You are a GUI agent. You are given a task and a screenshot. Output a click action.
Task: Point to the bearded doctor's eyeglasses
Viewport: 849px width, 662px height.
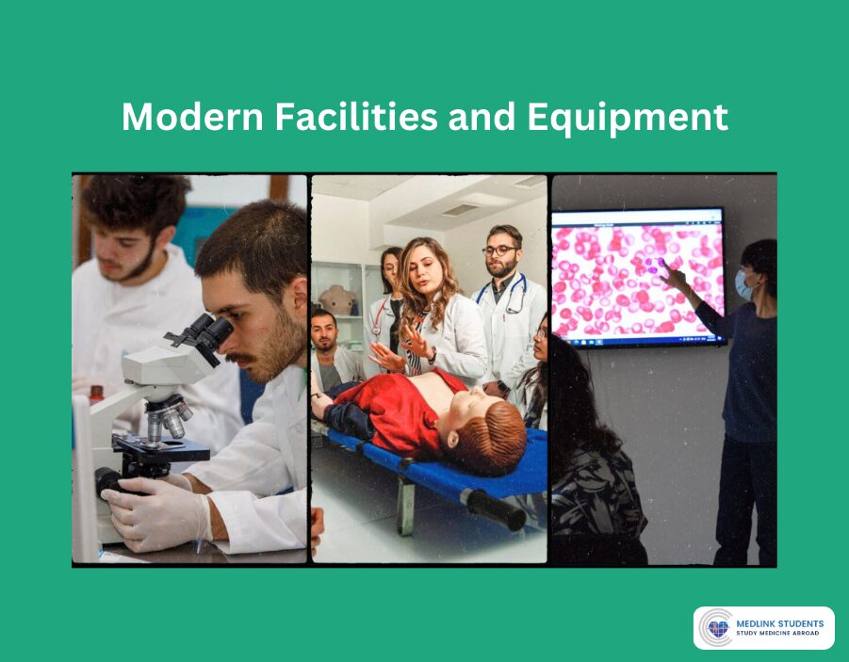coord(500,250)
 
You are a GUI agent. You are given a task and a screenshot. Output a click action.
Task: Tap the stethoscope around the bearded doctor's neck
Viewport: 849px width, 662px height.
coord(510,297)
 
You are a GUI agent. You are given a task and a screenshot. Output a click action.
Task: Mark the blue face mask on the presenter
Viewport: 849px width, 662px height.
coord(743,284)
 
